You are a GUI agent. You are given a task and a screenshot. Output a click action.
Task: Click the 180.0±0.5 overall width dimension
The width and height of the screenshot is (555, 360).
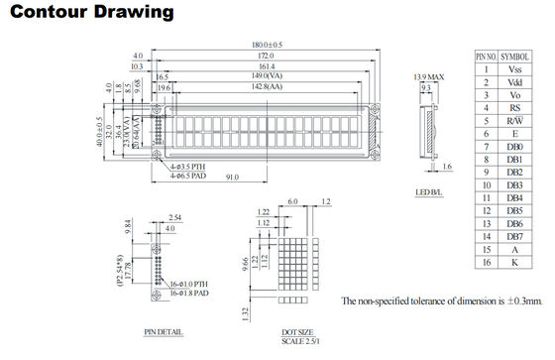(262, 45)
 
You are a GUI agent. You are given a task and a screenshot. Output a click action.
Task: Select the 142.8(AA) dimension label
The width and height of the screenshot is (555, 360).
(260, 87)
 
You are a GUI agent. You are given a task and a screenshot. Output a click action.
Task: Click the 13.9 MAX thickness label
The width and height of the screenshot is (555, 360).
(428, 76)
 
